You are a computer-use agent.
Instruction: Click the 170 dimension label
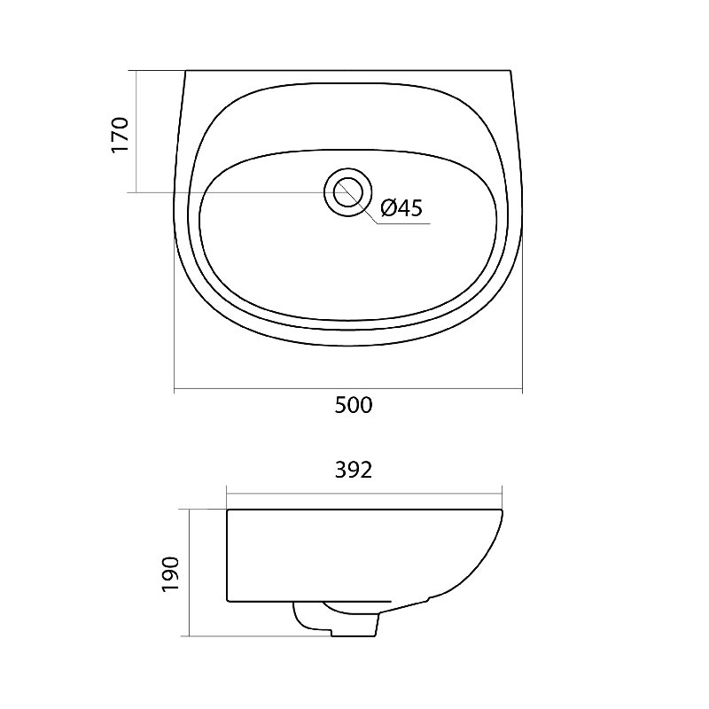pos(121,136)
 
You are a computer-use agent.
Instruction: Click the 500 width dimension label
pos(354,405)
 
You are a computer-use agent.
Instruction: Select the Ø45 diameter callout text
pos(401,208)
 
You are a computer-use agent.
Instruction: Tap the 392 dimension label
pos(354,471)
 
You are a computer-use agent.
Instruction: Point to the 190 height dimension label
pos(171,574)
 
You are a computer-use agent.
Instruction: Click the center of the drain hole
pos(348,191)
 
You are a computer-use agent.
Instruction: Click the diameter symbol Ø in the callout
pos(388,208)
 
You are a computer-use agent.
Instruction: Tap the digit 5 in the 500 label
pos(340,405)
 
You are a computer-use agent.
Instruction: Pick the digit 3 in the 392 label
pos(341,471)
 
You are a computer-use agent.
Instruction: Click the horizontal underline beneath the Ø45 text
pos(403,223)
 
